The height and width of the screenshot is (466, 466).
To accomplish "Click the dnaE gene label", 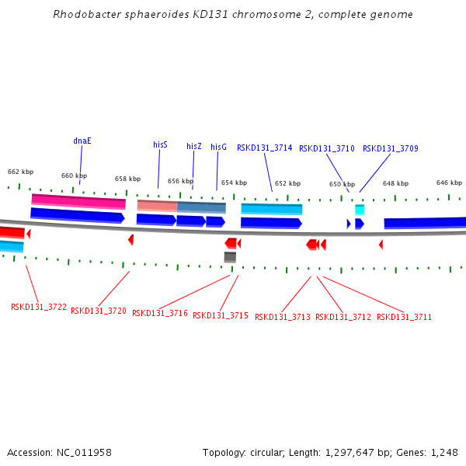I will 82,141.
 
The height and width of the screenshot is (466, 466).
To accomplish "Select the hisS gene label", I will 160,144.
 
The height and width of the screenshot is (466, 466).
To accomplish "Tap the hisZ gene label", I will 194,146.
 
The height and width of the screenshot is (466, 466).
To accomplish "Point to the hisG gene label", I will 218,147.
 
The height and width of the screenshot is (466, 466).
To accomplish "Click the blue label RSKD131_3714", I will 264,148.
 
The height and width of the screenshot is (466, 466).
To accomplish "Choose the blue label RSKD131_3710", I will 326,148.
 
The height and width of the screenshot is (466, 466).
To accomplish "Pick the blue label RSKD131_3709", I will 390,148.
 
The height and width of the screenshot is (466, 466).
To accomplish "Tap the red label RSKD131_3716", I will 159,313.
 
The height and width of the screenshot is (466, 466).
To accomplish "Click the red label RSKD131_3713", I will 282,317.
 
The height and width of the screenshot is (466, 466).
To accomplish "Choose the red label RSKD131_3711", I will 404,317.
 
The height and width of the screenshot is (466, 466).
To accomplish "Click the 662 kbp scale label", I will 21,172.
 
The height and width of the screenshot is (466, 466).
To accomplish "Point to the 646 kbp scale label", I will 449,183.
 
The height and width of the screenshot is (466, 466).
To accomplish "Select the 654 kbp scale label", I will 234,183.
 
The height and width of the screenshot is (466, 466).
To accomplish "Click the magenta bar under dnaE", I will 78,201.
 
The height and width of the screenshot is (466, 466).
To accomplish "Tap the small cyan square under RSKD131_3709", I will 360,210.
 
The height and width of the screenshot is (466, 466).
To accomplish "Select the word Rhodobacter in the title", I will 82,14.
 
